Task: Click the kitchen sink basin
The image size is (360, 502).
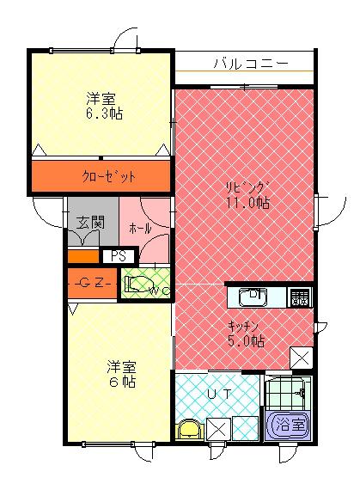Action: coord(253,297)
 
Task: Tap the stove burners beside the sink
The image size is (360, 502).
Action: coord(301,297)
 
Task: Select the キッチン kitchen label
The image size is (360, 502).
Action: coord(246,326)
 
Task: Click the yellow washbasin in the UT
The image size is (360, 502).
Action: coord(188,428)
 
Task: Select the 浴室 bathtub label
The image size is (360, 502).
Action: coord(287,423)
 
